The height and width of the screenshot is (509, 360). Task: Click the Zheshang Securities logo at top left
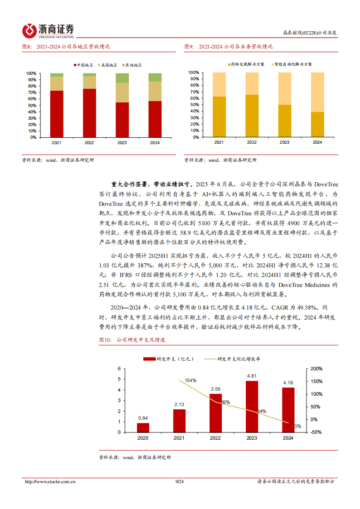[x=48, y=30]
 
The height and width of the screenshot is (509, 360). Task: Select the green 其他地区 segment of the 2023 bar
[x=122, y=78]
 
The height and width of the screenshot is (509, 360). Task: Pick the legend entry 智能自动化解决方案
[x=292, y=65]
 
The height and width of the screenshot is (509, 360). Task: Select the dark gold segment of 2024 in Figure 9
[x=317, y=124]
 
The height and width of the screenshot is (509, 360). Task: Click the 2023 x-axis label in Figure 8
[x=122, y=143]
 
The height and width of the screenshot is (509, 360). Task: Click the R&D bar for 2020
[x=143, y=427]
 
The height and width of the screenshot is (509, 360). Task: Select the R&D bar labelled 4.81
[x=252, y=406]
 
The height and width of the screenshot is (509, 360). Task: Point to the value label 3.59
[x=215, y=389]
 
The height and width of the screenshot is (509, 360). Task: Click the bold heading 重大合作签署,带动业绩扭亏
[x=151, y=184]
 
